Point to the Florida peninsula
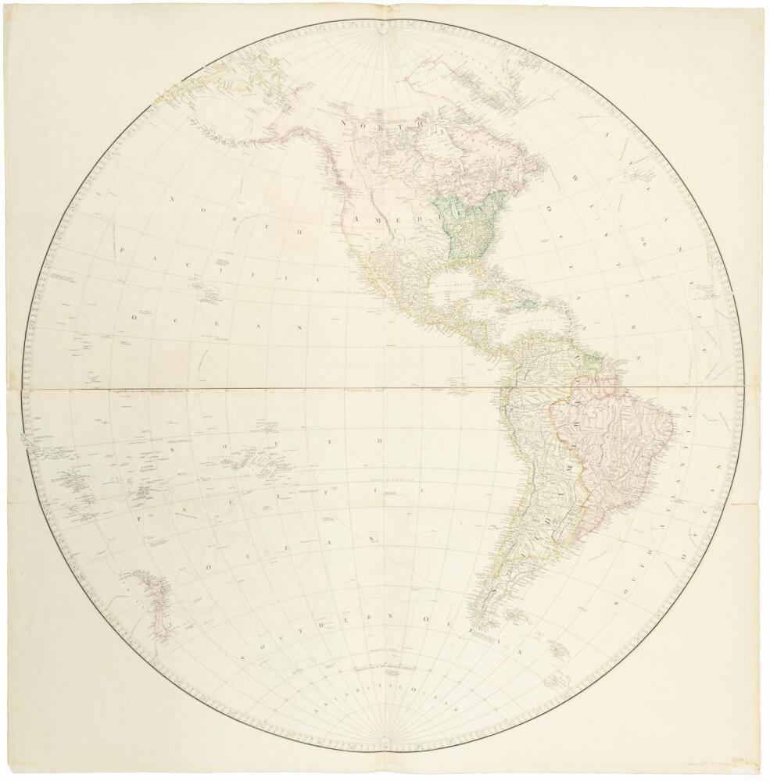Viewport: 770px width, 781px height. coord(478,273)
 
